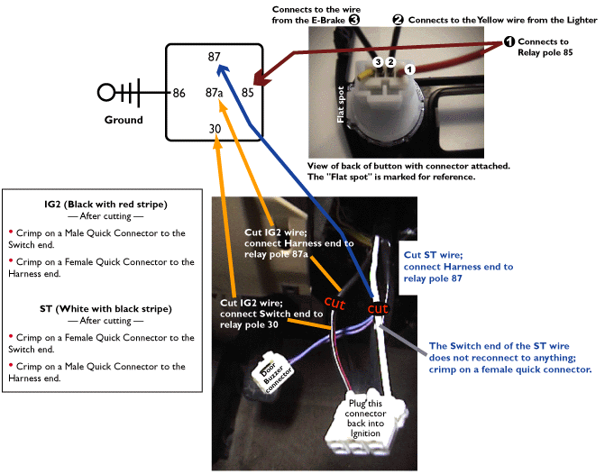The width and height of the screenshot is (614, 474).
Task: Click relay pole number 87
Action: click(x=214, y=57)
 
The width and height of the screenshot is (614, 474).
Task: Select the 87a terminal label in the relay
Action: click(x=214, y=92)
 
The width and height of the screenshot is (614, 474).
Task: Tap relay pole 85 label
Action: click(x=247, y=92)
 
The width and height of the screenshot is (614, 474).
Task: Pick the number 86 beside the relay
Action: click(x=179, y=92)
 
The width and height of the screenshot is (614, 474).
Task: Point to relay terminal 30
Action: click(x=214, y=128)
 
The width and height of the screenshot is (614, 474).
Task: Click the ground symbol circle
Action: click(x=107, y=92)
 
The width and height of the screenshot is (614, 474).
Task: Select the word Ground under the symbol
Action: click(x=124, y=120)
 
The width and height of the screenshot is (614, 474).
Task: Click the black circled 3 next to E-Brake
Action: click(x=354, y=19)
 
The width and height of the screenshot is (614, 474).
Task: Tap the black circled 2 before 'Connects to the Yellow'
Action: click(x=398, y=19)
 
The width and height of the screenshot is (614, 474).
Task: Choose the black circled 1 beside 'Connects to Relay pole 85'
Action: click(x=509, y=41)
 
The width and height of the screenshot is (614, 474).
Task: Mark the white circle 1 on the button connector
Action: click(x=409, y=68)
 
